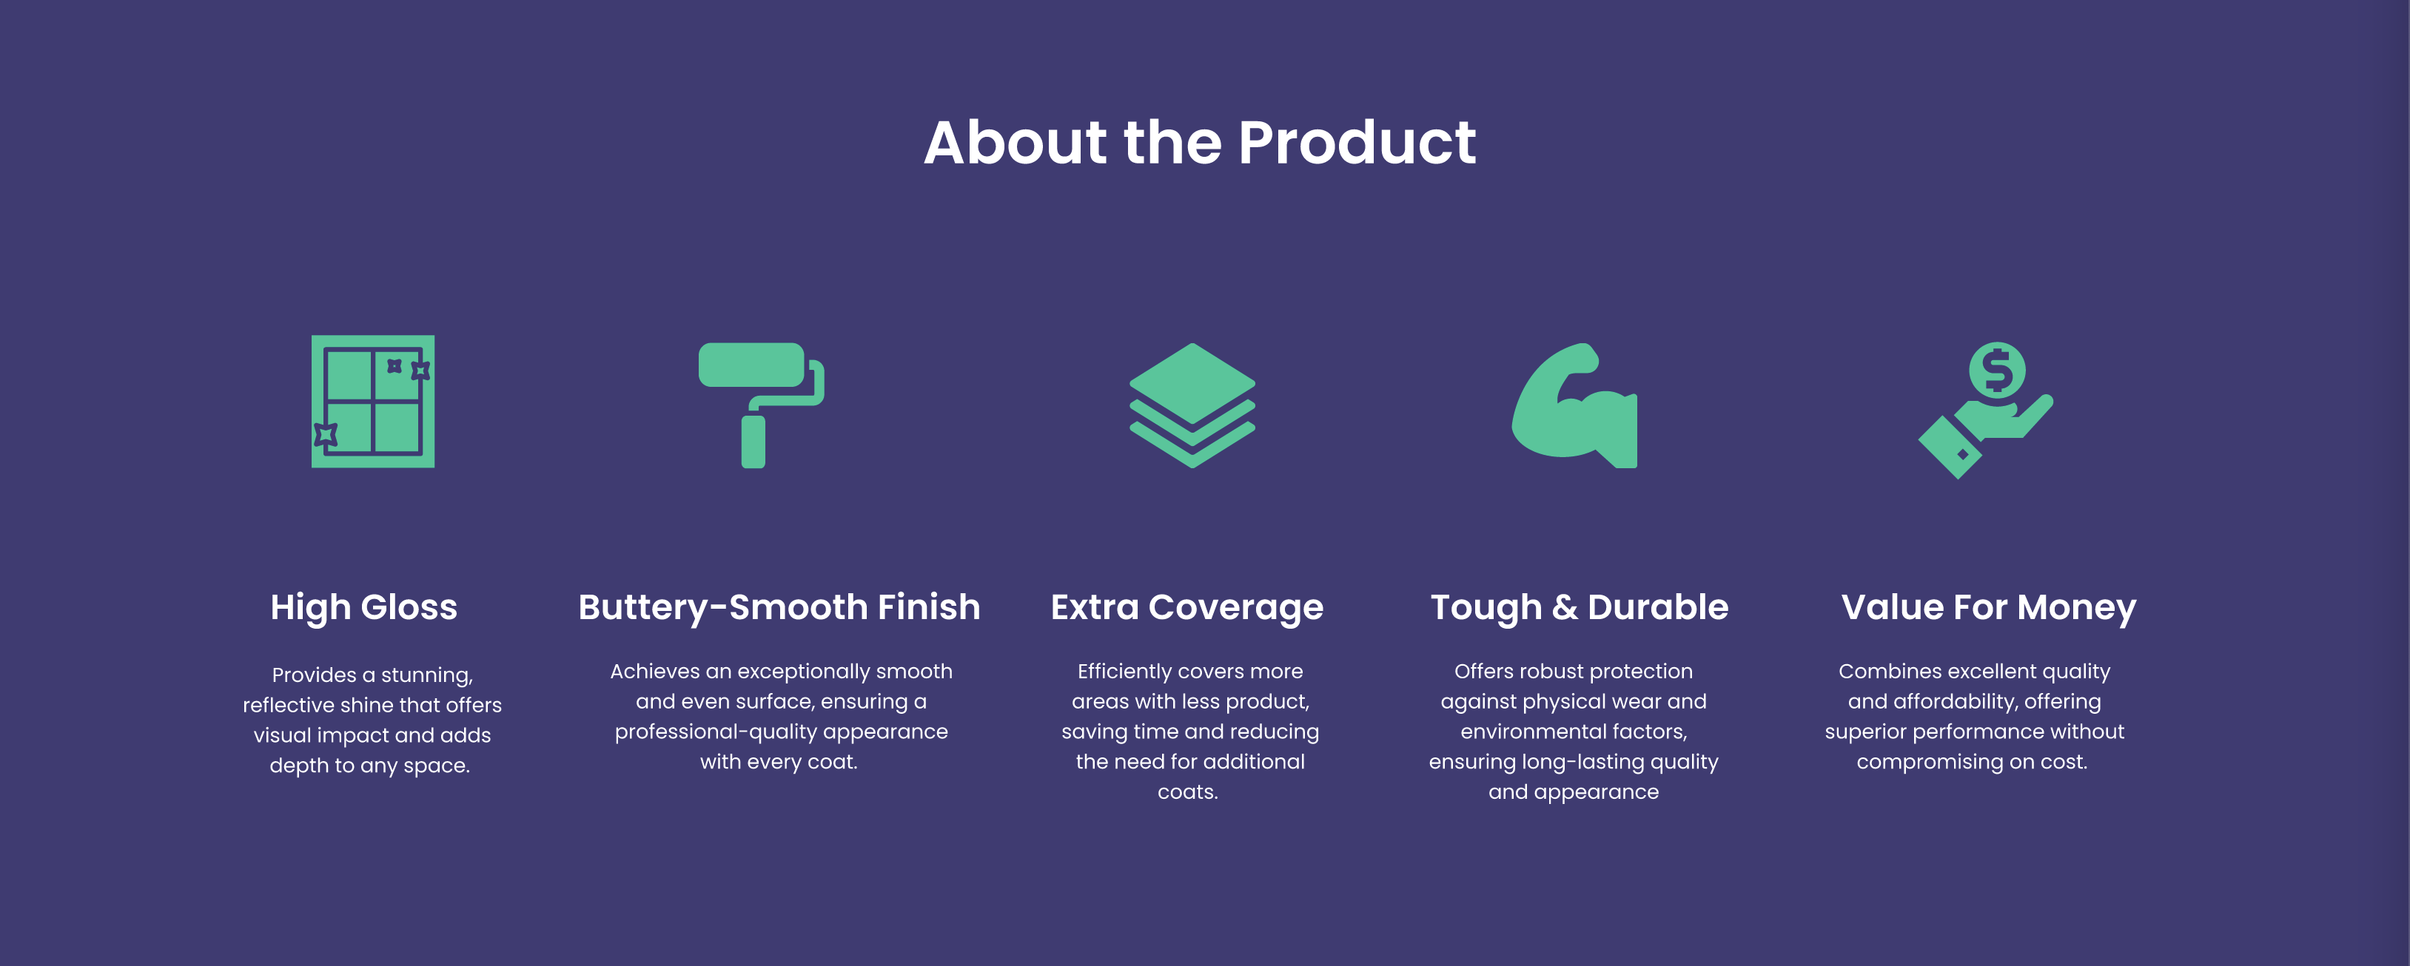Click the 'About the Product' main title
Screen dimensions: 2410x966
1199,143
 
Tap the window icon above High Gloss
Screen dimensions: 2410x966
373,401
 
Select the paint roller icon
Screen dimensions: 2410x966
761,405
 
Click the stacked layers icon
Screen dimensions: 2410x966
1192,405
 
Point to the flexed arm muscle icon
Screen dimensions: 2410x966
1574,405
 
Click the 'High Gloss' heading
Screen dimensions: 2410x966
364,608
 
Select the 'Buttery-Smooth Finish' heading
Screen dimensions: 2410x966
779,608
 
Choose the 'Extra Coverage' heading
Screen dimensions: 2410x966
1187,608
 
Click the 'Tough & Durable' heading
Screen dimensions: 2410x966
1580,608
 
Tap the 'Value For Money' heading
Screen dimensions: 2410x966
1989,608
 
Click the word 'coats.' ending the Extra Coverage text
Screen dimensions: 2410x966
1188,792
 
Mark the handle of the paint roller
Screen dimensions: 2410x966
753,442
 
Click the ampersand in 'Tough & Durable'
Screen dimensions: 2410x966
1564,608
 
